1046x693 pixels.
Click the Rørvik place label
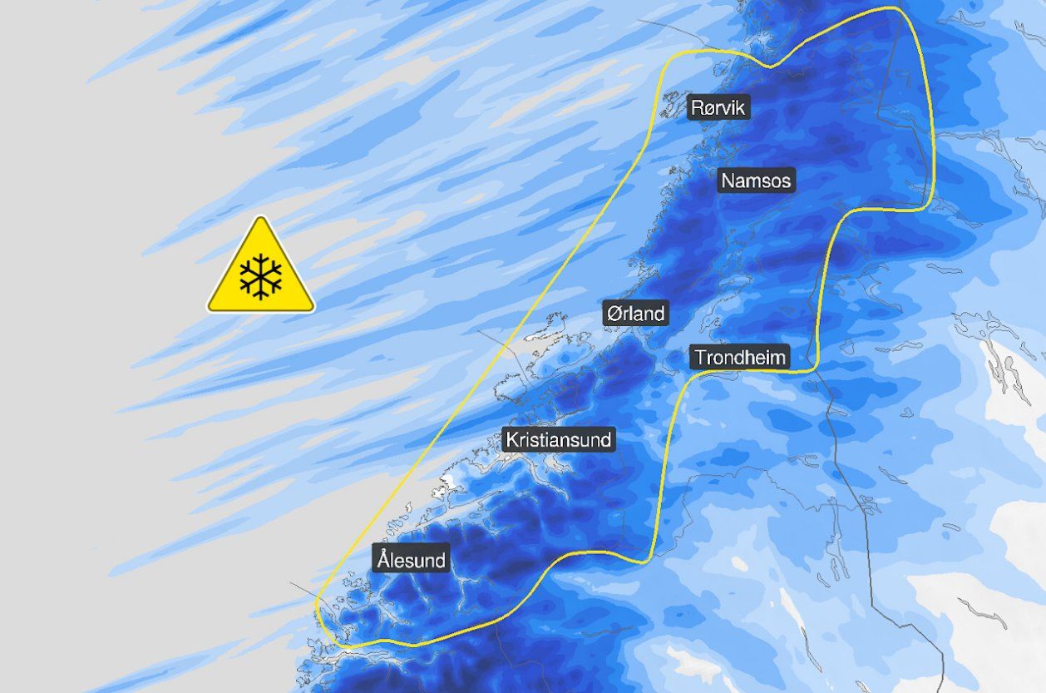(720, 108)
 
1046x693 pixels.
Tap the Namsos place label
(756, 181)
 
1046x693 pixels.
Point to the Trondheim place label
(739, 358)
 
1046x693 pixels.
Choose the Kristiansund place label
(559, 439)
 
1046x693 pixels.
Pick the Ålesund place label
(411, 559)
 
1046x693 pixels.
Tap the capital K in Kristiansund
(511, 439)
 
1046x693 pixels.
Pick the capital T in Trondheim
(700, 358)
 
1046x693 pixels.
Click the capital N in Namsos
(728, 181)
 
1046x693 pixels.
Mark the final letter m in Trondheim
(777, 359)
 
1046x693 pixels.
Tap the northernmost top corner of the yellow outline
(894, 8)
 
